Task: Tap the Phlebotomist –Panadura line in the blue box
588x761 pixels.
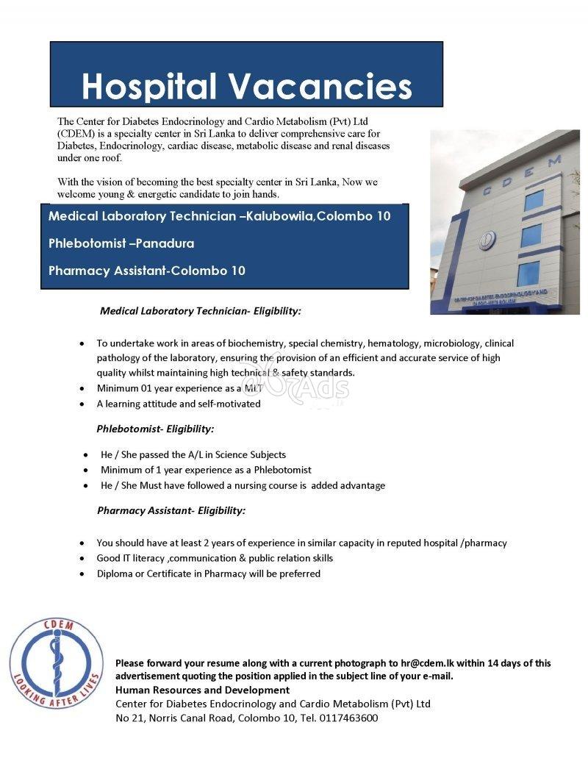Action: point(121,243)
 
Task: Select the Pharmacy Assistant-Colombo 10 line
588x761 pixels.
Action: point(147,271)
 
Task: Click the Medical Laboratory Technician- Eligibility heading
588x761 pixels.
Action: point(201,311)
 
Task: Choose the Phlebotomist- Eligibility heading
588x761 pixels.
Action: point(156,429)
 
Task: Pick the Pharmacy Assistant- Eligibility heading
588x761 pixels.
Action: point(171,510)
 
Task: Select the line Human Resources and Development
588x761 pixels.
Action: point(203,690)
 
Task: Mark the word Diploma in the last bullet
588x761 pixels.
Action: point(116,574)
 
